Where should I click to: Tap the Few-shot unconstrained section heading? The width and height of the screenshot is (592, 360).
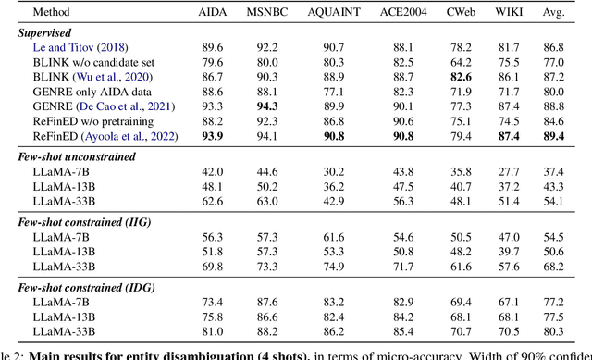(x=78, y=156)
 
